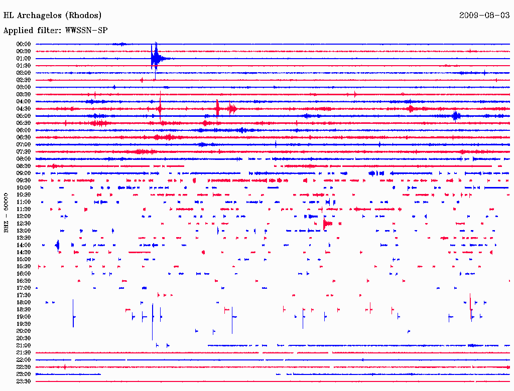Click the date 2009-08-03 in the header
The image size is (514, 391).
484,15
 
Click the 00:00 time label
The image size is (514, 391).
24,44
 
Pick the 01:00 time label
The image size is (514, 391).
24,59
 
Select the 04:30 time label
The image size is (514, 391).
24,109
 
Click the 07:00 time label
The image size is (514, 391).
24,144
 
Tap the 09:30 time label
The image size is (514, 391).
24,180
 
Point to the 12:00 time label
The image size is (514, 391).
24,216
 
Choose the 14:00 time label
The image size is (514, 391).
24,245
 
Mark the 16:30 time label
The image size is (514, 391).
24,281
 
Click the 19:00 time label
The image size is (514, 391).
24,317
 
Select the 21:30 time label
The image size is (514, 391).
24,352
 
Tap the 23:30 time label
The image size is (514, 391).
24,381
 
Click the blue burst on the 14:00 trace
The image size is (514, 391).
58,245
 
